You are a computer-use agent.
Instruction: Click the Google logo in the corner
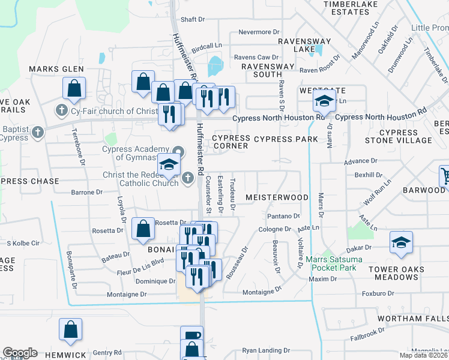[x=20, y=353]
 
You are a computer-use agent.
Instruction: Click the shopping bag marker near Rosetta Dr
[x=143, y=228]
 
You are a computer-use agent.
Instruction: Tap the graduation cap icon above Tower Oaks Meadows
[x=400, y=242]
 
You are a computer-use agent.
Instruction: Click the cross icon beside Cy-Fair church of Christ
[x=61, y=110]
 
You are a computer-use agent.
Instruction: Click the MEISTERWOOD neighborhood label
[x=277, y=197]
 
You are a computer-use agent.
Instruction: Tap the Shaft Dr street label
[x=193, y=19]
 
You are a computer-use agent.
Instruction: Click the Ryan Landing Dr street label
[x=266, y=350]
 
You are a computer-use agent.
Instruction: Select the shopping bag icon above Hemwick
[x=71, y=329]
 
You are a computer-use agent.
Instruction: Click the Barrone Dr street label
[x=83, y=193]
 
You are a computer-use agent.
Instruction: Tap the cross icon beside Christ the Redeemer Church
[x=188, y=177]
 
